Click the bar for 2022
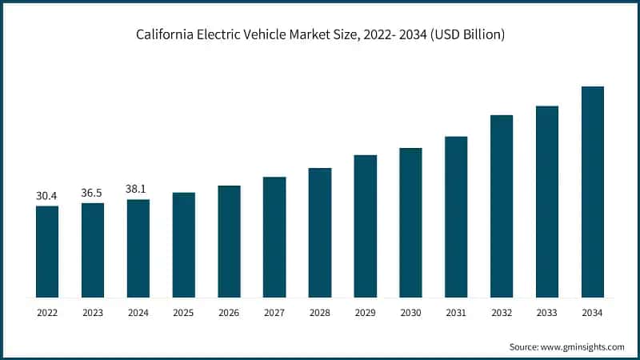[46, 252]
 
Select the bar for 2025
[183, 245]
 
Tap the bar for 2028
[320, 233]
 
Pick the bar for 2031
[456, 217]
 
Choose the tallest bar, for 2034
[592, 192]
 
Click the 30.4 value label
[46, 195]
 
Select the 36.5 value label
[92, 193]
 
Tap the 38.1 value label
[138, 189]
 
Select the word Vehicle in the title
[275, 35]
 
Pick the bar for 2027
[274, 238]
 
